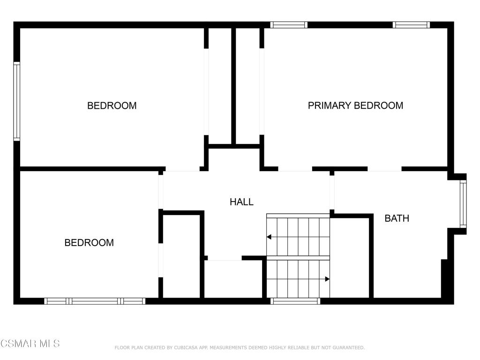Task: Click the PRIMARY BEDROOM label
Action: coord(355,105)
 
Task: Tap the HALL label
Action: coord(241,202)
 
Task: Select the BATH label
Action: coord(397,218)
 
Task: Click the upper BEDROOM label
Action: coord(112,105)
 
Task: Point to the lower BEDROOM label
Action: coord(89,243)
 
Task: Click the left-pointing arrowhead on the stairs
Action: coord(269,237)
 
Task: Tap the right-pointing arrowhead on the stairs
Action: coord(327,279)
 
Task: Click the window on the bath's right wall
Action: coord(463,203)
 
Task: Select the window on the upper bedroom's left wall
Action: coord(16,101)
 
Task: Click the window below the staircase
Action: coord(295,301)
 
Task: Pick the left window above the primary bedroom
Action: coord(289,25)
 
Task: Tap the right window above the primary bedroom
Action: coord(412,25)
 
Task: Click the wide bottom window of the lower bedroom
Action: coord(95,301)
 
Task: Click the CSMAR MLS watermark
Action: coord(30,344)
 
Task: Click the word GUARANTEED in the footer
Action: coord(347,348)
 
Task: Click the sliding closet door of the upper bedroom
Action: coord(206,91)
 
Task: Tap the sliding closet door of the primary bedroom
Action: coord(262,91)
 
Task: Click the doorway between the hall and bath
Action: coord(332,193)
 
